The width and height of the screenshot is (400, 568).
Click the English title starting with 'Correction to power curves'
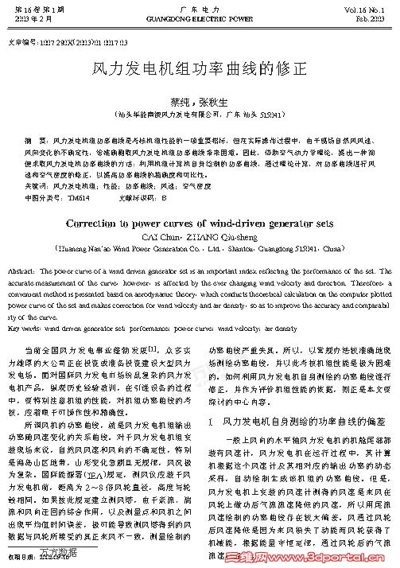pos(200,224)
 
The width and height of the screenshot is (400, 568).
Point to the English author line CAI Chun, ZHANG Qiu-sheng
pos(200,236)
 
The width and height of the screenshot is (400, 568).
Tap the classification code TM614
pos(79,196)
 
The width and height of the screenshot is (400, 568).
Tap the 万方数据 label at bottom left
pos(47,550)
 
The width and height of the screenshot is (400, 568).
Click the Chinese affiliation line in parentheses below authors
pos(200,115)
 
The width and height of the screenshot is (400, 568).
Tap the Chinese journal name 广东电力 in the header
pos(200,6)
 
